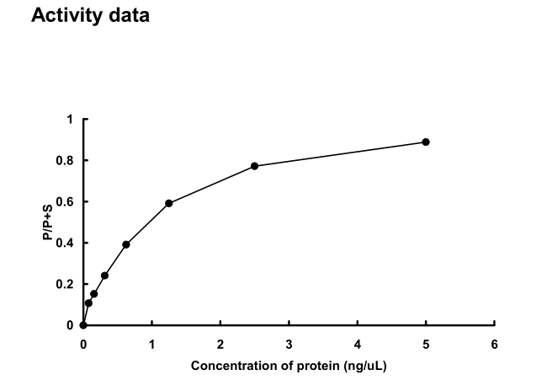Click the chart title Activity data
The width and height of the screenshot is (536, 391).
pos(90,16)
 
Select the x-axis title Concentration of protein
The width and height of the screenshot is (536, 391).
pos(289,366)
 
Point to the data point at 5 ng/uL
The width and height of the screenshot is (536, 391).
pos(426,142)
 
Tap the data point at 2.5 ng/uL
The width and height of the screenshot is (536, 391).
pos(254,166)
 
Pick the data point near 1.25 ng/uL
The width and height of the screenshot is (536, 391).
pos(169,203)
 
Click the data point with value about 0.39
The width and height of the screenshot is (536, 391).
pos(126,244)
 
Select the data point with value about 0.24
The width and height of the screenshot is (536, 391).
pos(104,276)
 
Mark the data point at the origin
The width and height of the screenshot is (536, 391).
pos(83,325)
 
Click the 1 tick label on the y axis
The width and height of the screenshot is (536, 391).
pos(71,120)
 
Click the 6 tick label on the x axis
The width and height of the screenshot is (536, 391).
pos(494,344)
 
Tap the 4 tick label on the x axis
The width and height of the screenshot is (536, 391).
pos(357,344)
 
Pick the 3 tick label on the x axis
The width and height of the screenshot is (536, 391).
pos(289,344)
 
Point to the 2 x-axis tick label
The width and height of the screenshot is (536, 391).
pos(220,344)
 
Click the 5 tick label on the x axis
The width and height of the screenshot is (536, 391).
pos(426,344)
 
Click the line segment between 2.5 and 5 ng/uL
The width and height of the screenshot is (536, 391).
pos(340,154)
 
